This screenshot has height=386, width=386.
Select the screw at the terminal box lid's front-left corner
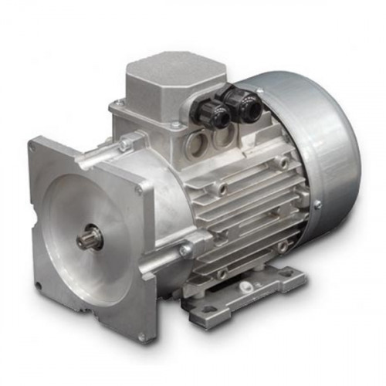coord(118,103)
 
